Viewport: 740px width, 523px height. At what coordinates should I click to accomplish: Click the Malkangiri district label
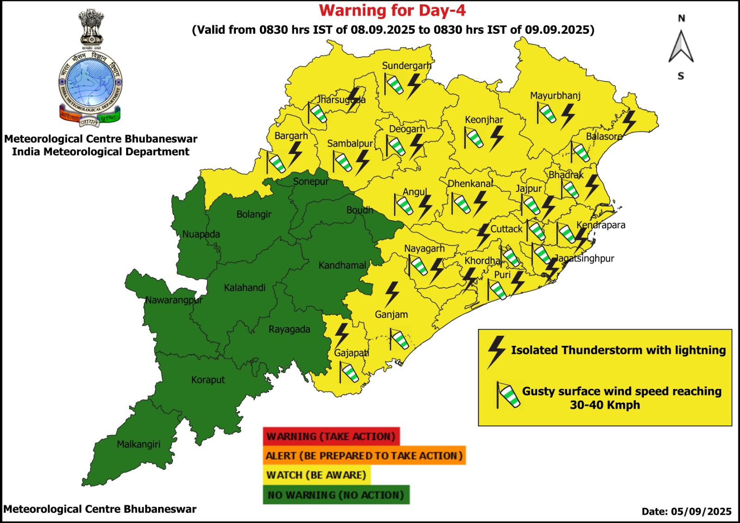(x=138, y=444)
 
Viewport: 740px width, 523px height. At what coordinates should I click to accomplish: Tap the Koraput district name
(x=208, y=380)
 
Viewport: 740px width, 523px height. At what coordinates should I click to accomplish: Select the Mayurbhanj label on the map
(x=555, y=96)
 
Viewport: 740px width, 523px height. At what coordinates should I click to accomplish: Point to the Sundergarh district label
(x=407, y=66)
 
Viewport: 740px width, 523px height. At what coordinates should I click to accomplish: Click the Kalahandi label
(x=245, y=288)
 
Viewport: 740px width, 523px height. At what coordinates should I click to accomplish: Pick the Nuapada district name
(x=201, y=234)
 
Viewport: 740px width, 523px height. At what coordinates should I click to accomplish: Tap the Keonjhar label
(x=484, y=120)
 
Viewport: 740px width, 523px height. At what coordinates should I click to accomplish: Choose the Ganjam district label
(x=391, y=314)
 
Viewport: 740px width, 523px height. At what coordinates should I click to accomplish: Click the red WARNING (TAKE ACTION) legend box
(x=331, y=437)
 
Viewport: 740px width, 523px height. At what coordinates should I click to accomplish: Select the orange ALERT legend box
(x=364, y=455)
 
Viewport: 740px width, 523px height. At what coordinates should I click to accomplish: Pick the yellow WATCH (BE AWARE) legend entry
(x=316, y=475)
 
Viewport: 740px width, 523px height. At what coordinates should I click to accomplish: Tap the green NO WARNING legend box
(x=336, y=495)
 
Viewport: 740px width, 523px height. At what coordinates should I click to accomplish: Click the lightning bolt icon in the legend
(x=496, y=351)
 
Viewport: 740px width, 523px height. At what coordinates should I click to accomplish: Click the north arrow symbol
(x=681, y=47)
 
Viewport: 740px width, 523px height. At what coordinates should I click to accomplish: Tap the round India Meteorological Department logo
(x=91, y=83)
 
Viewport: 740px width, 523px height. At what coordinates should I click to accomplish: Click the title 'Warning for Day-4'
(x=392, y=11)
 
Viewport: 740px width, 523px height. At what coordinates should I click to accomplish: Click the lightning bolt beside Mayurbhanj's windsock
(x=567, y=116)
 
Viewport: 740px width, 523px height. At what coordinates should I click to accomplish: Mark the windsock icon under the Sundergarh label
(x=394, y=85)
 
